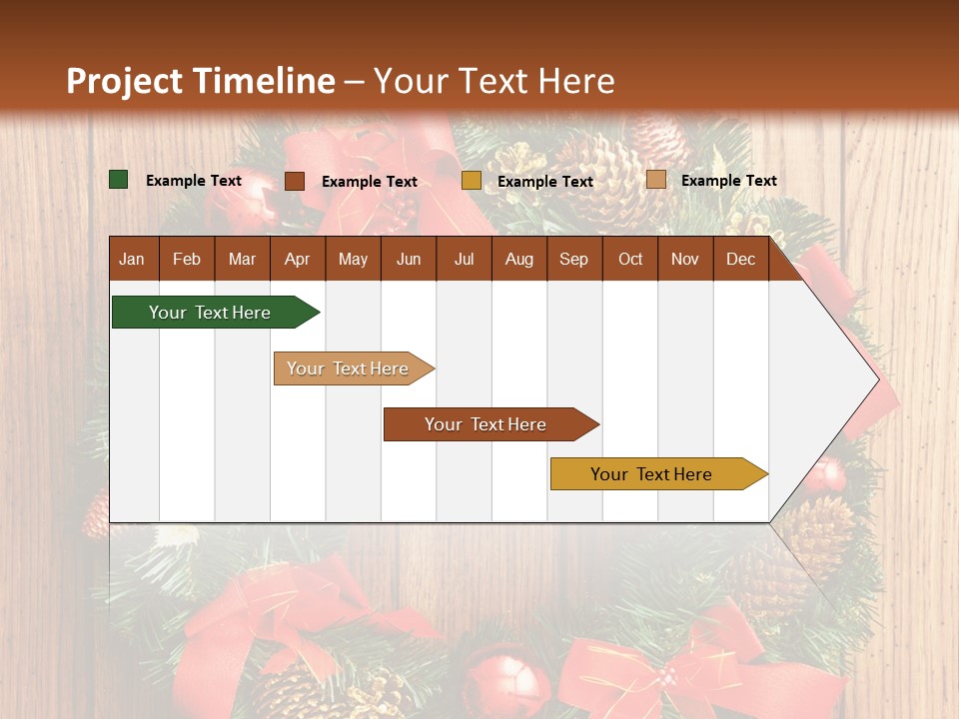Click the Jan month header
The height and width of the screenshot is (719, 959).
[x=132, y=259]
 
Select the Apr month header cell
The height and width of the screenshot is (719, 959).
[x=297, y=259]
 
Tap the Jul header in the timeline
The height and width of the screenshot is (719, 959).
[x=464, y=259]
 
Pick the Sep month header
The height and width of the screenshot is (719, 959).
[x=573, y=259]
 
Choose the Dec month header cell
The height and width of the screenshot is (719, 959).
[x=740, y=259]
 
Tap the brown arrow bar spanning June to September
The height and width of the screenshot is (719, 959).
[x=486, y=424]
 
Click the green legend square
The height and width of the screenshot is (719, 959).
[x=119, y=180]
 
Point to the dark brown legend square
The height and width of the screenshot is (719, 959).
[x=295, y=181]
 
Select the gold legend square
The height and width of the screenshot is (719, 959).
[x=472, y=181]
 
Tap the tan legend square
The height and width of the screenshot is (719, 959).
[x=655, y=180]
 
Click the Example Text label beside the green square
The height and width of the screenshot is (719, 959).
[x=194, y=181]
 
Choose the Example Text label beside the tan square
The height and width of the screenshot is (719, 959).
[x=729, y=181]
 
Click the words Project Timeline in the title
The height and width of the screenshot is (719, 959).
[x=200, y=81]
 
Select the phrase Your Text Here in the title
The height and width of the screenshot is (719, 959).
[x=494, y=81]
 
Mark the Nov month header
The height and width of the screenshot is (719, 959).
[x=685, y=259]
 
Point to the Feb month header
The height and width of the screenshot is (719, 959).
[x=187, y=259]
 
